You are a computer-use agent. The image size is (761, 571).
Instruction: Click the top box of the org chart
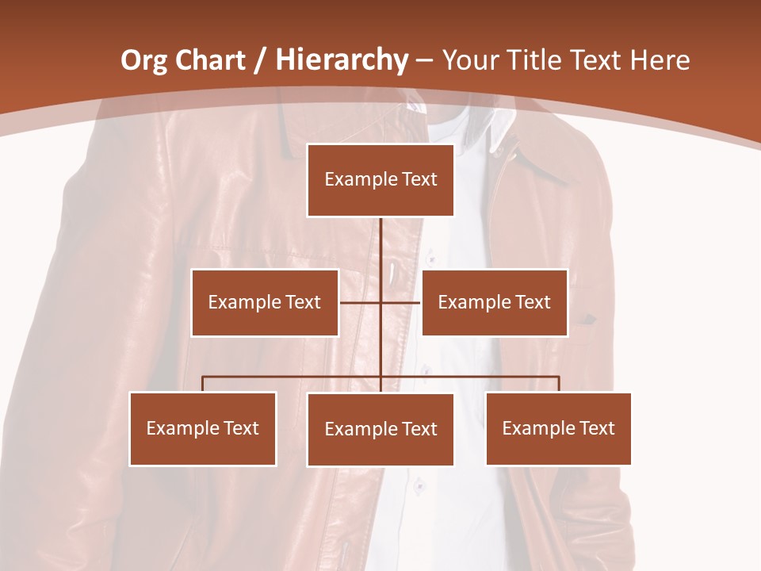[380, 180]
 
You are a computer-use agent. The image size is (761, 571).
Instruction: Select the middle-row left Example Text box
[265, 302]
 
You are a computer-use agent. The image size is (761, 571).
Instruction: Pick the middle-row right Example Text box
[495, 302]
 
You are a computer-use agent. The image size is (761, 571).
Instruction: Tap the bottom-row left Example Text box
[203, 428]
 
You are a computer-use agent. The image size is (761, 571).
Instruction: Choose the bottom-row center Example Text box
[380, 429]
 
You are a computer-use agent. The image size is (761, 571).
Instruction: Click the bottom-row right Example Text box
[559, 428]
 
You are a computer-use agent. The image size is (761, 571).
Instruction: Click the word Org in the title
[143, 60]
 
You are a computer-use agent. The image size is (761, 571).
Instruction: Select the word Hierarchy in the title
[342, 60]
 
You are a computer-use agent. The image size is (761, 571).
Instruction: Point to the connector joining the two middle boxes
[361, 302]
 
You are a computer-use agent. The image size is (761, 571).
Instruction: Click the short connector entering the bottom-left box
[203, 384]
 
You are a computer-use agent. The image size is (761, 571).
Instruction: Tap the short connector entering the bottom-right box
[559, 384]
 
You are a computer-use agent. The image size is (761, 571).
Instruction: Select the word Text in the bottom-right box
[596, 428]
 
